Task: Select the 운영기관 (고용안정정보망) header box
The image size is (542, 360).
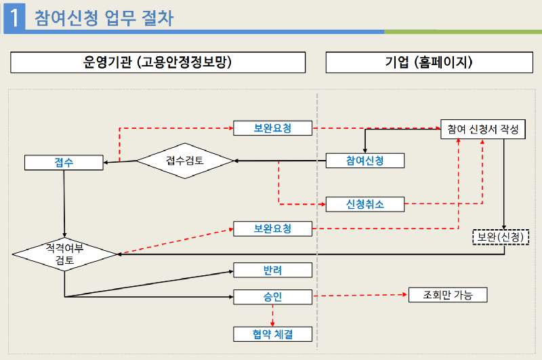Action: coord(157,63)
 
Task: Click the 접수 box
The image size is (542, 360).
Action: coord(64,163)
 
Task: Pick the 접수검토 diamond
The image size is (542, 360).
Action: coord(185,161)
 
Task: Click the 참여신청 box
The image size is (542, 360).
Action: coord(365,161)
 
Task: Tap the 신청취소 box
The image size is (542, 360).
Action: coord(365,203)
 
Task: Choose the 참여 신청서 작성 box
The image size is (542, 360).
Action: coord(482,129)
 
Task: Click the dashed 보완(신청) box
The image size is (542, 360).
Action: coord(500,237)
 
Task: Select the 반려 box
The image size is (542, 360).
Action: coord(272,271)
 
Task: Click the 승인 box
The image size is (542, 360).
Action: coord(272,296)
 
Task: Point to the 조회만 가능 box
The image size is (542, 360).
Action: coord(448,295)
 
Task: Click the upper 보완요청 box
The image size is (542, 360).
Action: coord(272,127)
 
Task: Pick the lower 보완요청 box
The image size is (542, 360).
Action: coord(272,228)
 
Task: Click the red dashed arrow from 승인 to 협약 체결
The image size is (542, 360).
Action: coord(272,315)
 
